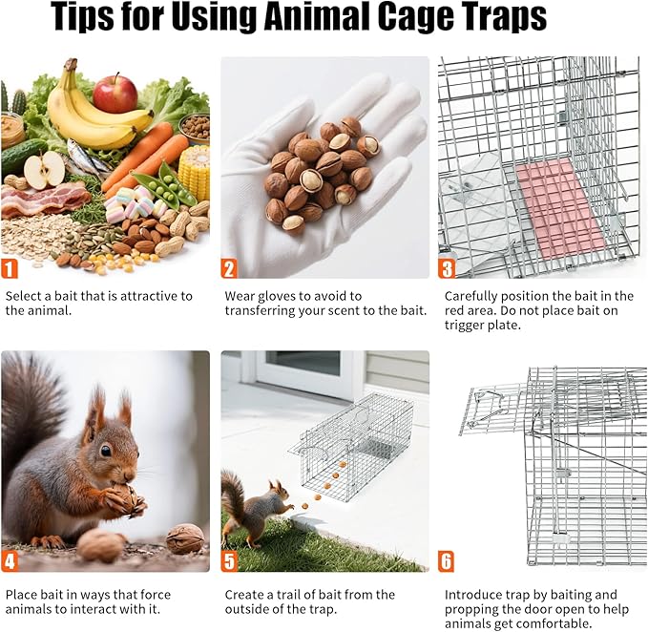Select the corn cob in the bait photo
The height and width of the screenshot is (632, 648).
click(x=194, y=171)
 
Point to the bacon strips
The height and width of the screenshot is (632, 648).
click(x=43, y=200)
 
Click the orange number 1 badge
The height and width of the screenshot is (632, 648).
click(x=10, y=268)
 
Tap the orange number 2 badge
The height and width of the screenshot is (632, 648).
click(x=229, y=268)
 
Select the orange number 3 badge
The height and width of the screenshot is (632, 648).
click(x=447, y=268)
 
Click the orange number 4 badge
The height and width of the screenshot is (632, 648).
click(x=10, y=561)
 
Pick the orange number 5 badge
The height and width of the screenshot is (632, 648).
click(x=229, y=561)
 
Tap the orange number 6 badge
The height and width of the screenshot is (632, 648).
click(x=447, y=561)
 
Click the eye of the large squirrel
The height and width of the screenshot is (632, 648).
click(x=105, y=450)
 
